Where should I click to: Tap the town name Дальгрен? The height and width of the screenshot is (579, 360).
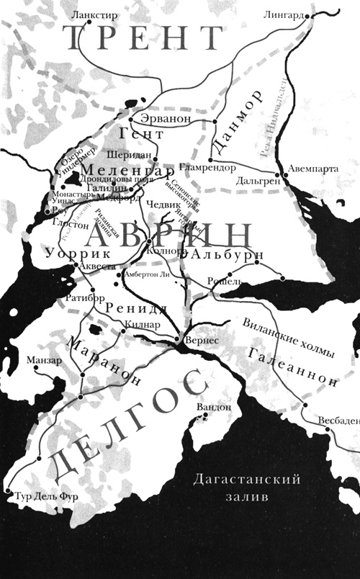tap(258, 183)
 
